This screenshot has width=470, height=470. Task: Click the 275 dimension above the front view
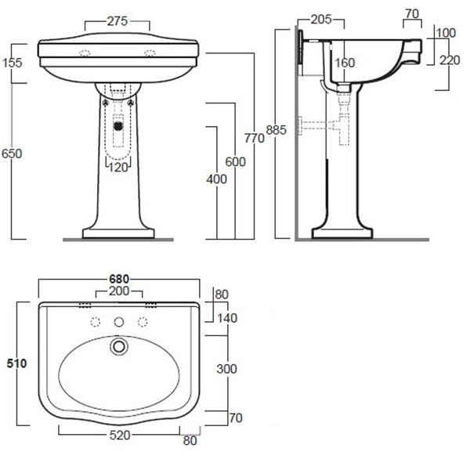point(117,21)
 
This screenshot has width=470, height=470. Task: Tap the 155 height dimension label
point(13,63)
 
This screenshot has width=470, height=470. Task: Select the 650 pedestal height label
point(12,154)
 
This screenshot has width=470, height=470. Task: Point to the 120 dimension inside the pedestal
point(118,168)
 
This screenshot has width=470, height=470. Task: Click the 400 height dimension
point(216,179)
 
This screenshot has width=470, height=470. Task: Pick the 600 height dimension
point(236,162)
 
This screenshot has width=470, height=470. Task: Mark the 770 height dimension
point(255,139)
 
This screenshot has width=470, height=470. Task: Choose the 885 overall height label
point(277,130)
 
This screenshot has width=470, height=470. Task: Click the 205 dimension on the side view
point(321,20)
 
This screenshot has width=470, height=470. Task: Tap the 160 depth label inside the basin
point(345,63)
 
